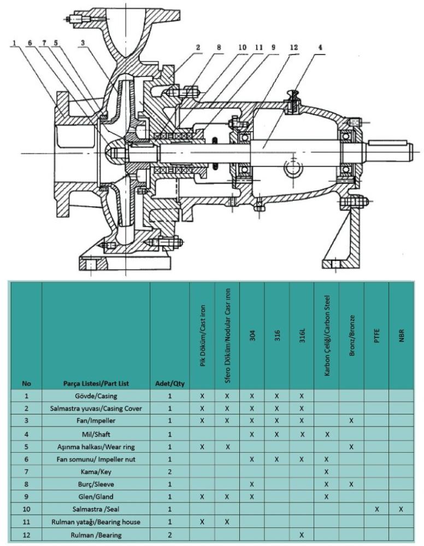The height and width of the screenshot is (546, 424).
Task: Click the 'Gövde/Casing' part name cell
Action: (x=96, y=396)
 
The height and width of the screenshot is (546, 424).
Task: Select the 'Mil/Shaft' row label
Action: (x=96, y=435)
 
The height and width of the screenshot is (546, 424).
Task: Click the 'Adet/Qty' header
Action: (x=169, y=383)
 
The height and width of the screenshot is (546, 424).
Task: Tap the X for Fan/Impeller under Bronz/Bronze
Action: (x=351, y=422)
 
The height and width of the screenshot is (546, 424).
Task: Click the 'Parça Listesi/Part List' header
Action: (x=96, y=383)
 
